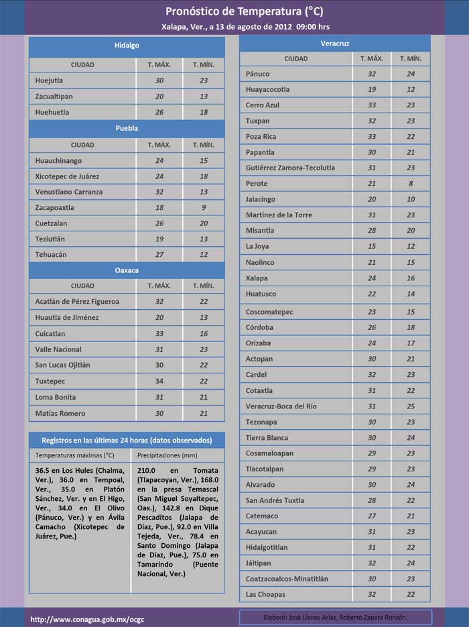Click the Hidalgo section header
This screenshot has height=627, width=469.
click(127, 46)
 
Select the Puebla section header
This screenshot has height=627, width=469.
click(127, 128)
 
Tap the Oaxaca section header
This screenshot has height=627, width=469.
click(127, 270)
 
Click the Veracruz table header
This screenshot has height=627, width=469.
click(335, 44)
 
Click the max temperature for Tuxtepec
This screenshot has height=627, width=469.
click(159, 381)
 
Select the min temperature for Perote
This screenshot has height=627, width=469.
click(411, 183)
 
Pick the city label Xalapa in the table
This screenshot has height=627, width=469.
click(257, 278)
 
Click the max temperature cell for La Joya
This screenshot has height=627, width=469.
click(372, 246)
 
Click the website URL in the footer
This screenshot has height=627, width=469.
click(86, 618)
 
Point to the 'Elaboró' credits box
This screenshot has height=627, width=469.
click(335, 617)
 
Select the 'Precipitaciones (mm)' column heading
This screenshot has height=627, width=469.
click(163, 455)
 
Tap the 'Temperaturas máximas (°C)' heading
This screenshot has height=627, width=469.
click(75, 455)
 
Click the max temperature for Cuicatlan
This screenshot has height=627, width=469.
click(159, 333)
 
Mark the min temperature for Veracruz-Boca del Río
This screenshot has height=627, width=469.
click(411, 406)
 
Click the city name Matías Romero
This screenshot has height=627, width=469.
click(60, 413)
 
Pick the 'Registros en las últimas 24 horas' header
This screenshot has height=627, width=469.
click(127, 441)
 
